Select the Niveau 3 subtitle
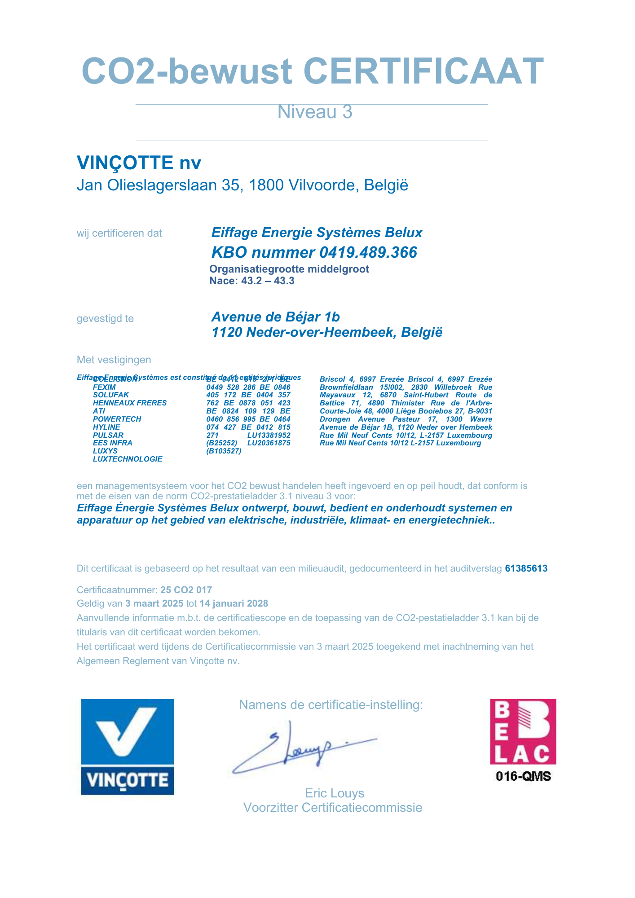point(314,112)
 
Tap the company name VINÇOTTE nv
point(139,163)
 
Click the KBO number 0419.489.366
point(368,252)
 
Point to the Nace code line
point(252,281)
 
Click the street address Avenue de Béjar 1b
point(275,317)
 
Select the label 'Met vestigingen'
point(114,360)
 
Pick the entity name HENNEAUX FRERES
point(129,403)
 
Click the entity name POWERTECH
point(117,419)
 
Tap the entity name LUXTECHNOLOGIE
point(128,459)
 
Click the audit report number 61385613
point(526,568)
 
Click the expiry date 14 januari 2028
point(234,603)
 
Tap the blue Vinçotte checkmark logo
point(127,747)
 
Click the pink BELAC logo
point(523,731)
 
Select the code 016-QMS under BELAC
point(523,776)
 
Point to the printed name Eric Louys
point(335,793)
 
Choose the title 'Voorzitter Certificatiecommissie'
point(333,808)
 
